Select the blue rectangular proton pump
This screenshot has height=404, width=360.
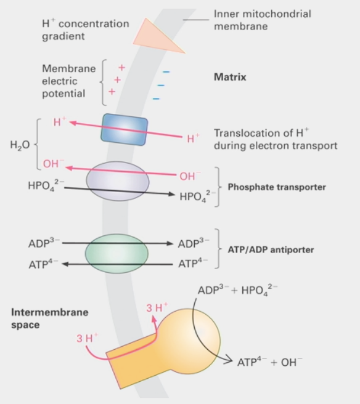(125, 129)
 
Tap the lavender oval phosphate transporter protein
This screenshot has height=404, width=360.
(117, 181)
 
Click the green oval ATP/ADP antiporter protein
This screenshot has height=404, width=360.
(117, 253)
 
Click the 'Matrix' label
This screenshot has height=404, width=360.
(230, 78)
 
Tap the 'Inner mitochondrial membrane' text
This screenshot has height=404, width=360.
(262, 20)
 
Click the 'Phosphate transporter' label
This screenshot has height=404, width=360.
(277, 187)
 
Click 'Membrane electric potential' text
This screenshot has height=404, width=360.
(68, 81)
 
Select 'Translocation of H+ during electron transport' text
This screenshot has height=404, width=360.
(275, 139)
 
